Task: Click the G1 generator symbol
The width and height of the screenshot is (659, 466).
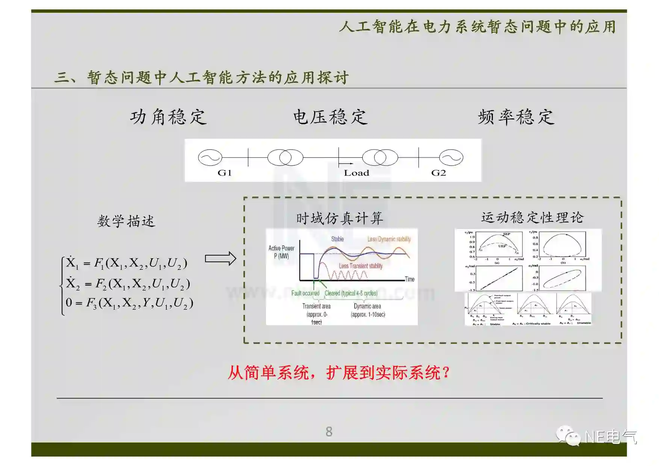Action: [x=210, y=158]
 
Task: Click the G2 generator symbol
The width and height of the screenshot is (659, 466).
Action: [x=451, y=158]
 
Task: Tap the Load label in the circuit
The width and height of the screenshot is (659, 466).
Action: [x=356, y=173]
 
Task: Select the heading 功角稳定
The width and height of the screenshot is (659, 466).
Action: [x=168, y=117]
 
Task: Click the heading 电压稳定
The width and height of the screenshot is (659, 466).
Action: [x=330, y=117]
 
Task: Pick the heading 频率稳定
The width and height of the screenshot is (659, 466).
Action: [x=516, y=117]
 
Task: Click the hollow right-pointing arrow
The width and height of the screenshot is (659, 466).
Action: [x=221, y=259]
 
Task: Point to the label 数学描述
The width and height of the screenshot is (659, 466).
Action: [x=126, y=221]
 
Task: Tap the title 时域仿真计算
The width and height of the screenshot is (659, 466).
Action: [x=340, y=218]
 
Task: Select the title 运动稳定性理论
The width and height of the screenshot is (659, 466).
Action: [x=532, y=217]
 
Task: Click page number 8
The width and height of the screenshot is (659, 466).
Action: [x=329, y=431]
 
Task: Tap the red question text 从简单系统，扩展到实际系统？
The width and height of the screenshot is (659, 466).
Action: [x=339, y=373]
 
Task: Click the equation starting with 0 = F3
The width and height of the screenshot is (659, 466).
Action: [x=129, y=303]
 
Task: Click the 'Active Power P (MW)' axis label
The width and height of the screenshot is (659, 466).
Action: [x=281, y=252]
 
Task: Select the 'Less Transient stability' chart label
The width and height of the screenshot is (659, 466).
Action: [x=361, y=266]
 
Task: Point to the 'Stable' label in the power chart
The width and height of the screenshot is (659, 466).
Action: [x=337, y=239]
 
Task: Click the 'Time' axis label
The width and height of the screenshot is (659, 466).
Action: [x=410, y=279]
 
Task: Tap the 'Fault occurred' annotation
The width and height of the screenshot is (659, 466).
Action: [x=305, y=293]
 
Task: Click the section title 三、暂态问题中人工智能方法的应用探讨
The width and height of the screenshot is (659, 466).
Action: [x=202, y=77]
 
